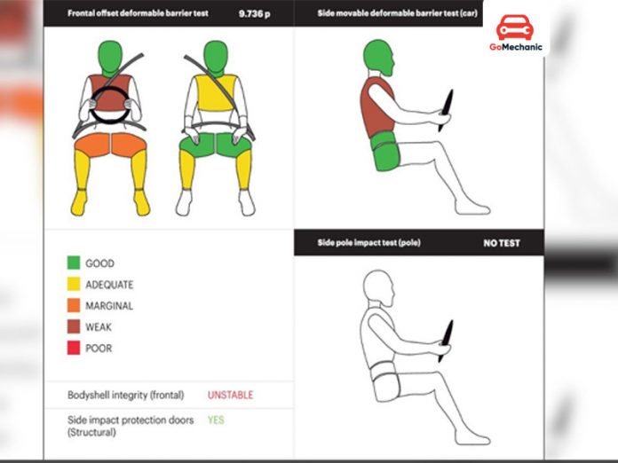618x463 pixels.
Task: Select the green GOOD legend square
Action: [74, 263]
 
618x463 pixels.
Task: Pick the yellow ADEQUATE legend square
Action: [74, 284]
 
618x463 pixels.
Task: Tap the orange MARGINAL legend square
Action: [74, 305]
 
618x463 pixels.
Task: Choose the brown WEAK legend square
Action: [74, 326]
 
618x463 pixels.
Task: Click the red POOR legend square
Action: [74, 348]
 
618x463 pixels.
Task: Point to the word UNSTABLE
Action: [230, 395]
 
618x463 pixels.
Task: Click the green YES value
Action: [216, 420]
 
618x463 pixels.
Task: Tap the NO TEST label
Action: [502, 242]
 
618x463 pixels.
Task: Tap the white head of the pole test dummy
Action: [378, 288]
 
